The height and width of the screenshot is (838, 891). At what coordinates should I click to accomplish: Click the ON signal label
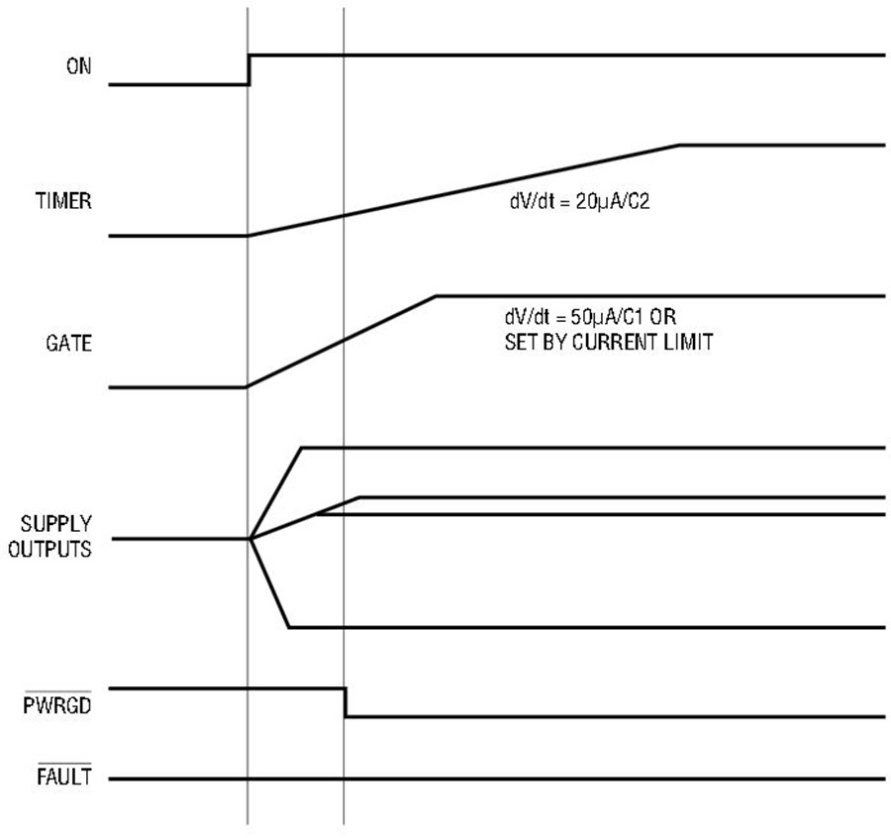tap(78, 66)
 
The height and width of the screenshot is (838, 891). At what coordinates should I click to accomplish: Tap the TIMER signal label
tap(63, 201)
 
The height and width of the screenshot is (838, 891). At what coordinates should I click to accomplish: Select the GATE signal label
tap(68, 344)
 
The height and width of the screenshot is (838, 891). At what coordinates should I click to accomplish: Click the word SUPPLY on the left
tap(55, 524)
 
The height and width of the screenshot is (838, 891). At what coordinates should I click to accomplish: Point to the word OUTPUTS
tap(50, 549)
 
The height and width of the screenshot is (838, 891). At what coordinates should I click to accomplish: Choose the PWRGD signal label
tap(56, 705)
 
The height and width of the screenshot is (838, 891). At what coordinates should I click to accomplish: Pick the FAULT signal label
tap(64, 777)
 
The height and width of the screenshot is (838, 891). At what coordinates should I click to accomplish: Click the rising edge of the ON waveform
tap(248, 70)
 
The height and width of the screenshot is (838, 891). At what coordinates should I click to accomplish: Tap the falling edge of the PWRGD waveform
tap(345, 702)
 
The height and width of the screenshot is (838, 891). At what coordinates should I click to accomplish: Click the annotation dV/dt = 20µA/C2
tap(579, 202)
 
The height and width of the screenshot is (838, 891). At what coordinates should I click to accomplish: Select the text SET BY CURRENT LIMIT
tap(609, 343)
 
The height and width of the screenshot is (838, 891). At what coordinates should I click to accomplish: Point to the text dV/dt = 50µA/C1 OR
tap(590, 317)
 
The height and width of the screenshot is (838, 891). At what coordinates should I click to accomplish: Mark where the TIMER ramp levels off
tap(679, 145)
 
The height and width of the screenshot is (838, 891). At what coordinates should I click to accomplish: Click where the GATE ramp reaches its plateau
tap(436, 295)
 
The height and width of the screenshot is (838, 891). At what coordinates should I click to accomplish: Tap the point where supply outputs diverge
tap(250, 539)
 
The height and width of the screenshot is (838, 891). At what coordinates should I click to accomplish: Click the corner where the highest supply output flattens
tap(301, 448)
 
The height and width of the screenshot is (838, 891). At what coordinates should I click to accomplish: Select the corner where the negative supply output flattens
tap(289, 627)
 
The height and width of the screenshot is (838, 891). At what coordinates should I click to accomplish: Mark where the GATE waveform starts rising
tap(247, 387)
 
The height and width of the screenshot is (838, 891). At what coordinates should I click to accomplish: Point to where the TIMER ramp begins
tap(247, 236)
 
